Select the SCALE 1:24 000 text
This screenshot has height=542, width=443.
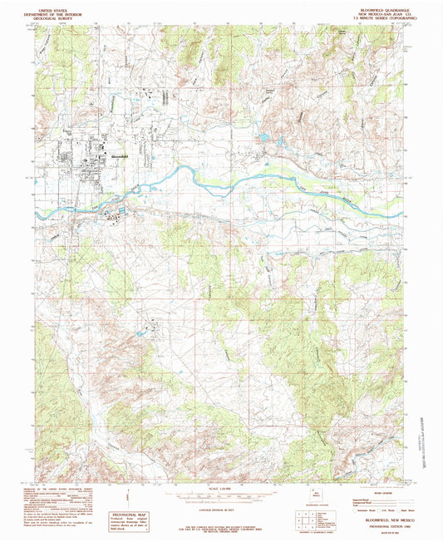click(221, 485)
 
